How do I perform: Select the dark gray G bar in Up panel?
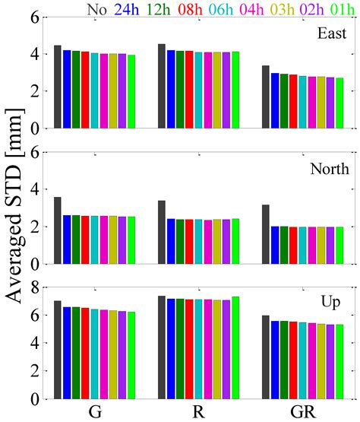(x=58, y=349)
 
